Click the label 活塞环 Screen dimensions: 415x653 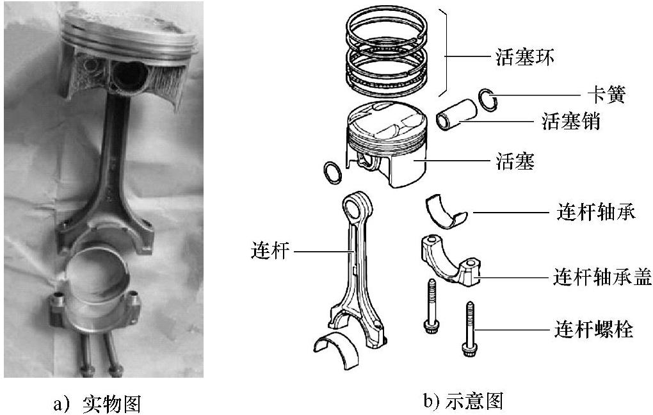(524, 58)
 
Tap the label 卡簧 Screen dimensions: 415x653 (606, 95)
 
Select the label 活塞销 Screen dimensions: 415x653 (571, 122)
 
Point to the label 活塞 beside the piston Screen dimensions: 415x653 (515, 161)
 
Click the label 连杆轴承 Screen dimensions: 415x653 (593, 212)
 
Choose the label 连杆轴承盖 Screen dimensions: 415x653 (602, 277)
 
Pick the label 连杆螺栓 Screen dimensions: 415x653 (593, 330)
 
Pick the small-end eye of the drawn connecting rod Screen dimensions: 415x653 (354, 207)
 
